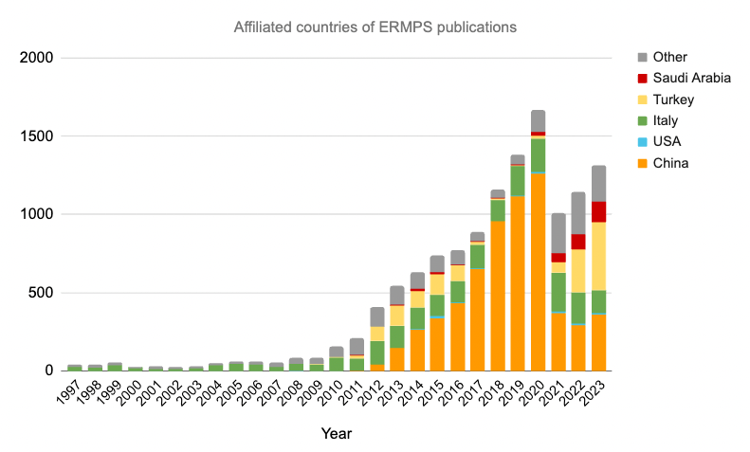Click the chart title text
click(375, 27)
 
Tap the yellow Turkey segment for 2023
click(598, 256)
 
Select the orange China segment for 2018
click(498, 295)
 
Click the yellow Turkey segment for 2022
click(578, 270)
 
